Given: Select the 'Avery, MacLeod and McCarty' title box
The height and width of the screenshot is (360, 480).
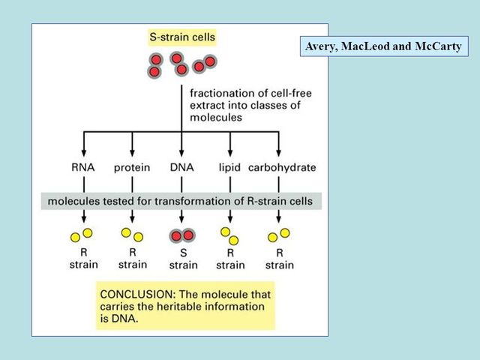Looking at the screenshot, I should [x=383, y=46].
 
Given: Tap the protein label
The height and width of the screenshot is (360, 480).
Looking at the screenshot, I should [x=132, y=167].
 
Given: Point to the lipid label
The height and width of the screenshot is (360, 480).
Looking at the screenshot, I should [x=229, y=167].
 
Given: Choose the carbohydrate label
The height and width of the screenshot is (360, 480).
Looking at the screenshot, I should [x=282, y=167].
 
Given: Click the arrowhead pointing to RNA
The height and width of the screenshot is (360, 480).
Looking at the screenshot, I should [x=83, y=152].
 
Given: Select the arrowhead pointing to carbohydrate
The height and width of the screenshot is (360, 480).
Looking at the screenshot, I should [x=279, y=152].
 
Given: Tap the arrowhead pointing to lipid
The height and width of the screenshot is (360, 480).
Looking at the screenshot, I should [x=229, y=152].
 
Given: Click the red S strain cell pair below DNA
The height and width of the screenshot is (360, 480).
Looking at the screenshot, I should [x=181, y=235].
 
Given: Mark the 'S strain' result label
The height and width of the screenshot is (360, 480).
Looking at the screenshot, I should [x=183, y=259].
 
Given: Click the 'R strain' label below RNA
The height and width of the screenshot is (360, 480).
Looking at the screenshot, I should [x=83, y=259].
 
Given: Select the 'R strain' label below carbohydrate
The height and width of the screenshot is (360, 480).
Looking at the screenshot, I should [x=279, y=259].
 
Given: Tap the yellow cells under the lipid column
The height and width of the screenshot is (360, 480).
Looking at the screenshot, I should [x=229, y=235].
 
